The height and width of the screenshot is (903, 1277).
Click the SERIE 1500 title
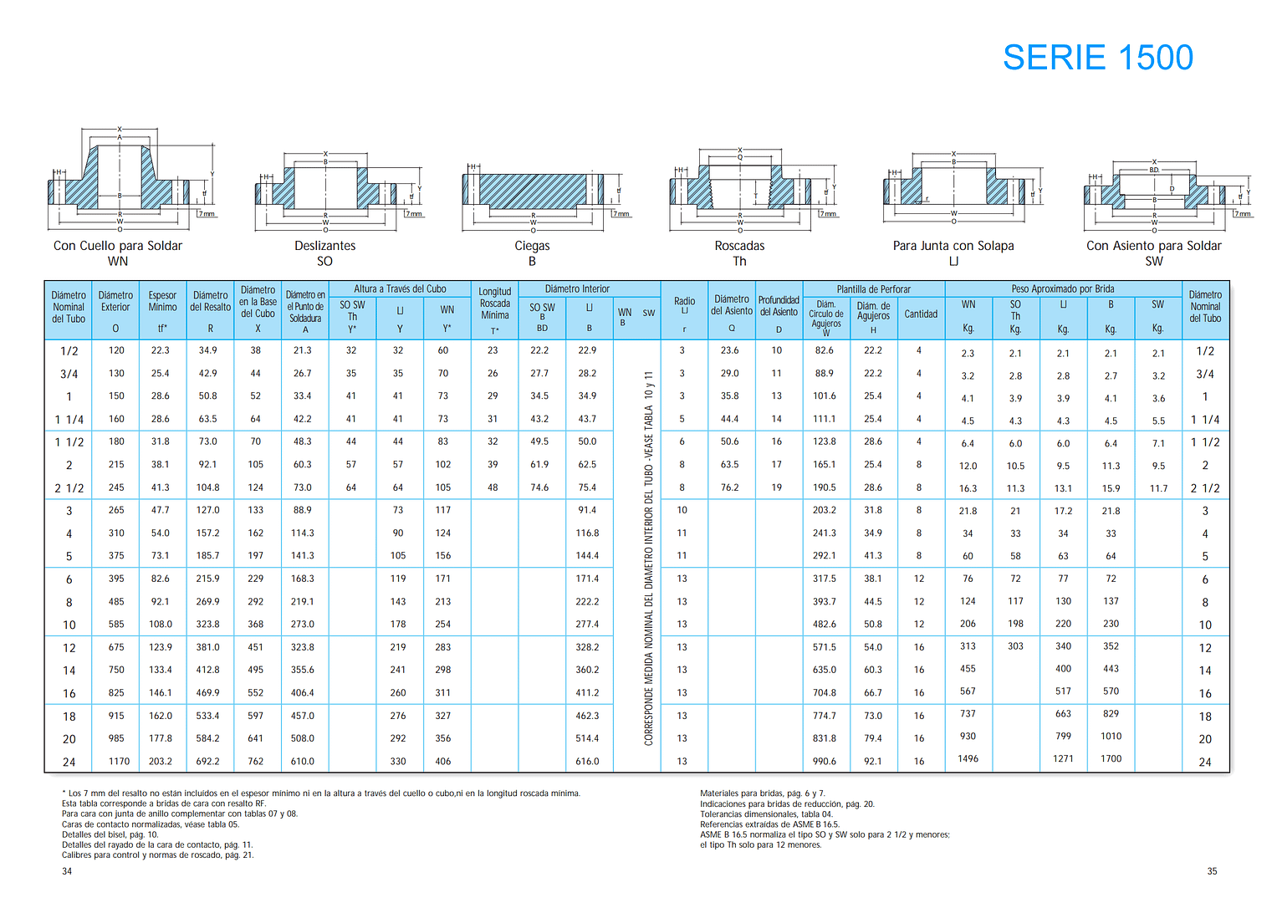coord(1097,58)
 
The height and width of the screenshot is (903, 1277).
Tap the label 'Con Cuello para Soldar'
coord(117,246)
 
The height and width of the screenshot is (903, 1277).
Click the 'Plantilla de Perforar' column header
coord(873,289)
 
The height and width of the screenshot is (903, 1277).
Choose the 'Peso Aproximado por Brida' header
coord(1063,289)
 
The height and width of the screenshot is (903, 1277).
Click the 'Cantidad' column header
coord(921,314)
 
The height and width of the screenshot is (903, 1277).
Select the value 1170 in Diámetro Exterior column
coord(119,761)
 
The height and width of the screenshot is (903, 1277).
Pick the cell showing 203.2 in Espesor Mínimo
coord(161,761)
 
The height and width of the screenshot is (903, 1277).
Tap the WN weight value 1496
coord(968,759)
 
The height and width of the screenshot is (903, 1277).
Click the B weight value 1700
coord(1111,759)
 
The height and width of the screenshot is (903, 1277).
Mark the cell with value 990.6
coord(825,761)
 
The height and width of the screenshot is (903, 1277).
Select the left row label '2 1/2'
coord(69,488)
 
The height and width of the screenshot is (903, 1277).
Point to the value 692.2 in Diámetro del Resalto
coord(207,761)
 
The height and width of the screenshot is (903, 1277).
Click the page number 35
coord(1212,871)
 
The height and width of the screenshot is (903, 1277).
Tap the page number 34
coord(67,871)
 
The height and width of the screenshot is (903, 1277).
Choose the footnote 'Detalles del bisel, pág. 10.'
coord(110,834)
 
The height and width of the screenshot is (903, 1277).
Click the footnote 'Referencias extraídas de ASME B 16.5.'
coord(769,824)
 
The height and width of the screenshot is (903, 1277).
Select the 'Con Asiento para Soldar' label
coord(1154,246)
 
